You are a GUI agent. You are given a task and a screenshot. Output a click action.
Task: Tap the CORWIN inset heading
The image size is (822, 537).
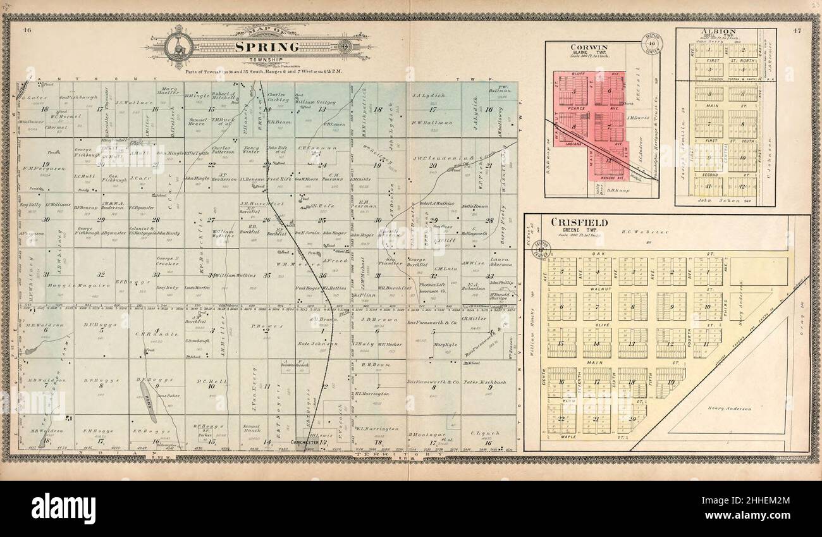coord(588,47)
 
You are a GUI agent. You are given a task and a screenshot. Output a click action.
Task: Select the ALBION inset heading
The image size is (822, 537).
coord(725,31)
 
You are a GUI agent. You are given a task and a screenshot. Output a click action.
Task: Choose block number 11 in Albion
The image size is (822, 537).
coord(708,186)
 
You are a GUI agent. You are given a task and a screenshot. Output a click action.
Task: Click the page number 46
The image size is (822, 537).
coord(27,30)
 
